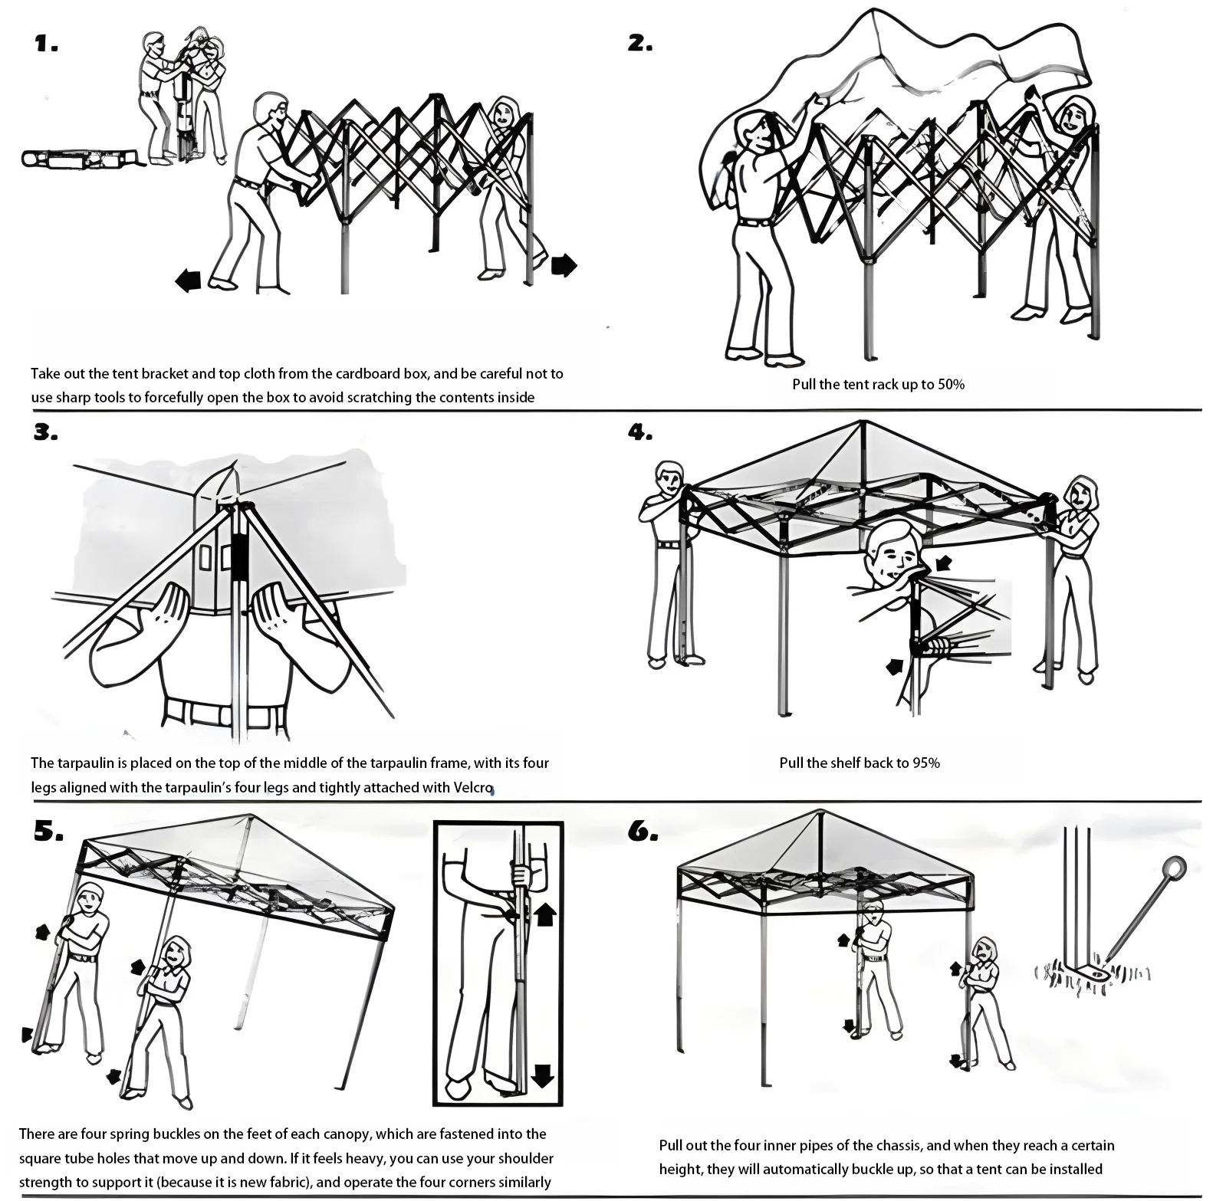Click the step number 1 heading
pyautogui.click(x=46, y=44)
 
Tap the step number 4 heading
pyautogui.click(x=639, y=433)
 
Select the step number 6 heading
pyautogui.click(x=643, y=832)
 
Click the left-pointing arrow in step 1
pyautogui.click(x=188, y=281)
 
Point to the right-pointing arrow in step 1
pyautogui.click(x=564, y=265)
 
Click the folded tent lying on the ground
pyautogui.click(x=81, y=159)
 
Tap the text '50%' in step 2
pyautogui.click(x=950, y=384)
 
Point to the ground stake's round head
pyautogui.click(x=1173, y=868)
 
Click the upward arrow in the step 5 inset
pyautogui.click(x=544, y=914)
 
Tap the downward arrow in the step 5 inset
pyautogui.click(x=542, y=1075)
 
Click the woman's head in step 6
pyautogui.click(x=984, y=953)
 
